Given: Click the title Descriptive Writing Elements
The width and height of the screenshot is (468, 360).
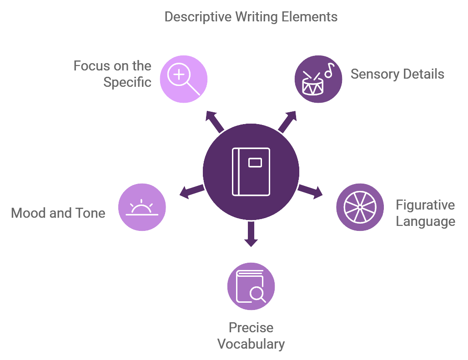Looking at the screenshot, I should [x=251, y=17].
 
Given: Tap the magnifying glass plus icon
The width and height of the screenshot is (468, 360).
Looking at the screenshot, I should [x=183, y=79].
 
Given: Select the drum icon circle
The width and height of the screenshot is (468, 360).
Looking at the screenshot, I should [x=318, y=79].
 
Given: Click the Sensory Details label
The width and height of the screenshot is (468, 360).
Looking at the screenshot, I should [x=397, y=74].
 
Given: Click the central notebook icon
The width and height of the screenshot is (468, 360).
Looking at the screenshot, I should [x=251, y=171].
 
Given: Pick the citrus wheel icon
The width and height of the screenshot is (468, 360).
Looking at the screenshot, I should [x=360, y=207].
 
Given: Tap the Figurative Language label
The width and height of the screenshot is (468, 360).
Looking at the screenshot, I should [x=425, y=213].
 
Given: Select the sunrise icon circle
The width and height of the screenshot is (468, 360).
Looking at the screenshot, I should [x=142, y=207].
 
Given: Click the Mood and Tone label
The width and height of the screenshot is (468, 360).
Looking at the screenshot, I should [x=58, y=213].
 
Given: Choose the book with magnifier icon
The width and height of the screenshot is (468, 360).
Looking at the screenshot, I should [x=251, y=286].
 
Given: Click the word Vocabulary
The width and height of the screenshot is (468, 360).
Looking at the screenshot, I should [x=251, y=344].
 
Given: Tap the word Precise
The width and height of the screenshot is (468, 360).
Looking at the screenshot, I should [x=251, y=327].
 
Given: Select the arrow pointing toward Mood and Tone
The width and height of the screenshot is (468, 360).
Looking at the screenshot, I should [x=191, y=191].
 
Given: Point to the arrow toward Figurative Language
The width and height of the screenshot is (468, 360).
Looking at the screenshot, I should [x=311, y=192].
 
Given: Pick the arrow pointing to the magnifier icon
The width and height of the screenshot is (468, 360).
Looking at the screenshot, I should [x=215, y=121].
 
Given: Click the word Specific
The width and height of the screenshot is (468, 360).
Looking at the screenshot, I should [x=127, y=82].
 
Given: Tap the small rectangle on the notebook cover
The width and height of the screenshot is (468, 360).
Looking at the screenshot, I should [x=255, y=162].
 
